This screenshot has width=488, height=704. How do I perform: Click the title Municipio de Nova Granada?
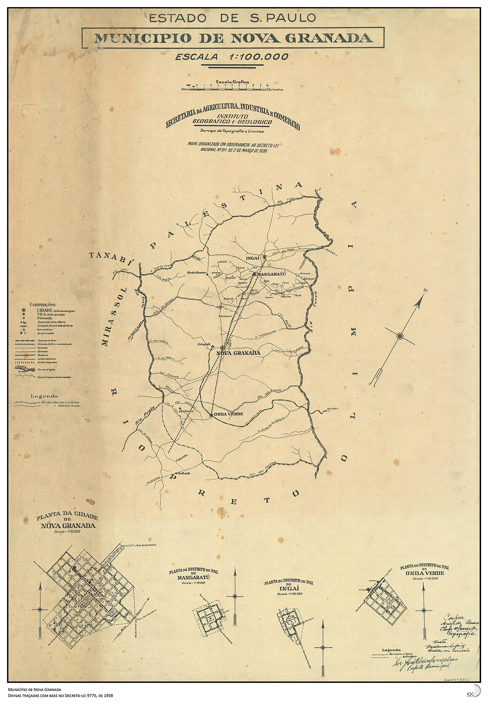233,38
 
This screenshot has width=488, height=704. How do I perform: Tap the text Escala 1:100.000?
231,57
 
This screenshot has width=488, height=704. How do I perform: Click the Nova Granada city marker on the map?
222,348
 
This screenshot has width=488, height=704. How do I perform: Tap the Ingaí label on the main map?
253,258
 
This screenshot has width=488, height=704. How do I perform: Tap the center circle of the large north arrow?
400,336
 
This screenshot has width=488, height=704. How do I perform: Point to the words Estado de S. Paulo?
232,18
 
